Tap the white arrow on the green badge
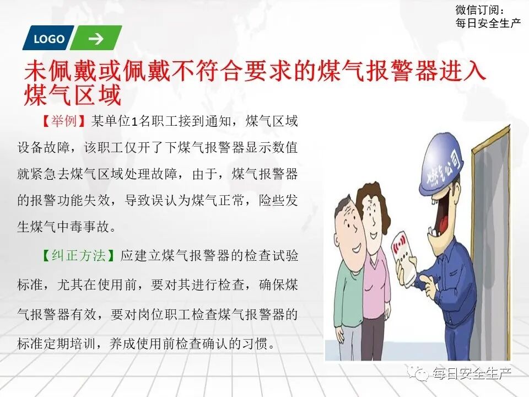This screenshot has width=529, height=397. pos(95,39)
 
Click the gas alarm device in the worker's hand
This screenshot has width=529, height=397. pos(407,256)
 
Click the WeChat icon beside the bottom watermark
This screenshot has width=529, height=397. pos(422,374)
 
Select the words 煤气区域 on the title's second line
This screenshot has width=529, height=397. pos(72,95)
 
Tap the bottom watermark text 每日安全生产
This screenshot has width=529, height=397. pos(472,374)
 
